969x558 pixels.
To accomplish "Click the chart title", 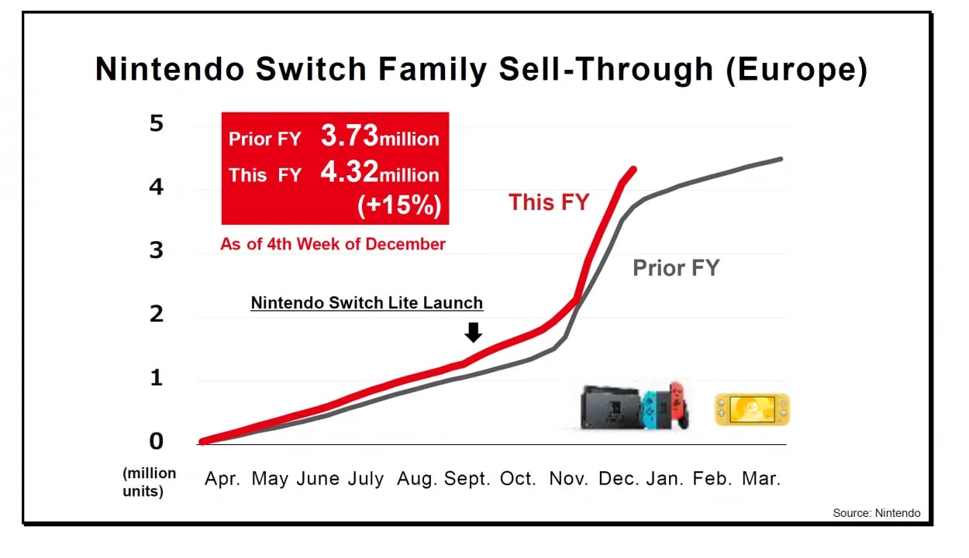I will pos(481,70).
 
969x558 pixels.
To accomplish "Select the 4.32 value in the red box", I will pos(350,173).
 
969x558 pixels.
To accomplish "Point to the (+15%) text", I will pos(399,205).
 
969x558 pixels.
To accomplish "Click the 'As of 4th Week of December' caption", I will pos(333,244).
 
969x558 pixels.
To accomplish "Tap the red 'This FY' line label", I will pos(549,203).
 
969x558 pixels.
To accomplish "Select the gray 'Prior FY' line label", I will pos(676,268).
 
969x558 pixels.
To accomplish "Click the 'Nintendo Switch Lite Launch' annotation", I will pos(367,303).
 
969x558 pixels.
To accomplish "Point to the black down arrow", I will pos(473,332).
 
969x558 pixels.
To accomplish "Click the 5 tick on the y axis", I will pos(157,123).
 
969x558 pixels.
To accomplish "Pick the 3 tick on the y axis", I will pos(157,250).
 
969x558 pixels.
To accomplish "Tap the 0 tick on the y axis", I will pos(157,441).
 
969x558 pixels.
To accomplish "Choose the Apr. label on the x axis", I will pos(222,479).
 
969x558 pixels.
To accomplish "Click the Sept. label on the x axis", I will pos(467,479).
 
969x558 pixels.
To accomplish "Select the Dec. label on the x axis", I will pos(619,479).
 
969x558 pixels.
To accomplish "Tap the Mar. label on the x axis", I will pos(761,479).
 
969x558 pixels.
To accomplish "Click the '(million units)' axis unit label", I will pos(149,482).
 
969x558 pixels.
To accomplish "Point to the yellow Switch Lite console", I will pos(752,409).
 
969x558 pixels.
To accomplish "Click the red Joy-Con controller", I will pos(679,403).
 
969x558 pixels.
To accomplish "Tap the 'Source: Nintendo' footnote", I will pos(877,513).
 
